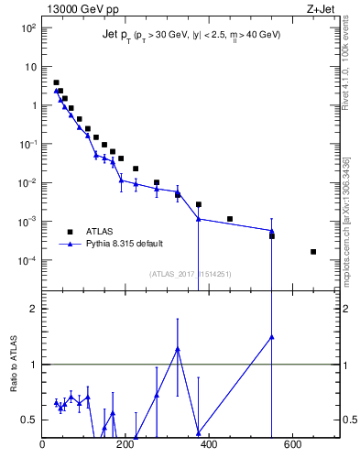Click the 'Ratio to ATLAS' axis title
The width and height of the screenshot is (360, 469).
(12, 365)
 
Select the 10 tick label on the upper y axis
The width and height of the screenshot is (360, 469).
(29, 67)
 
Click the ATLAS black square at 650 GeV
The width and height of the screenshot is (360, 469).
(313, 252)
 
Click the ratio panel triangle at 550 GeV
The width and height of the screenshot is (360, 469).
(272, 337)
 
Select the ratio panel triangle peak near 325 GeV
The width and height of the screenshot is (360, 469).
(178, 349)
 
